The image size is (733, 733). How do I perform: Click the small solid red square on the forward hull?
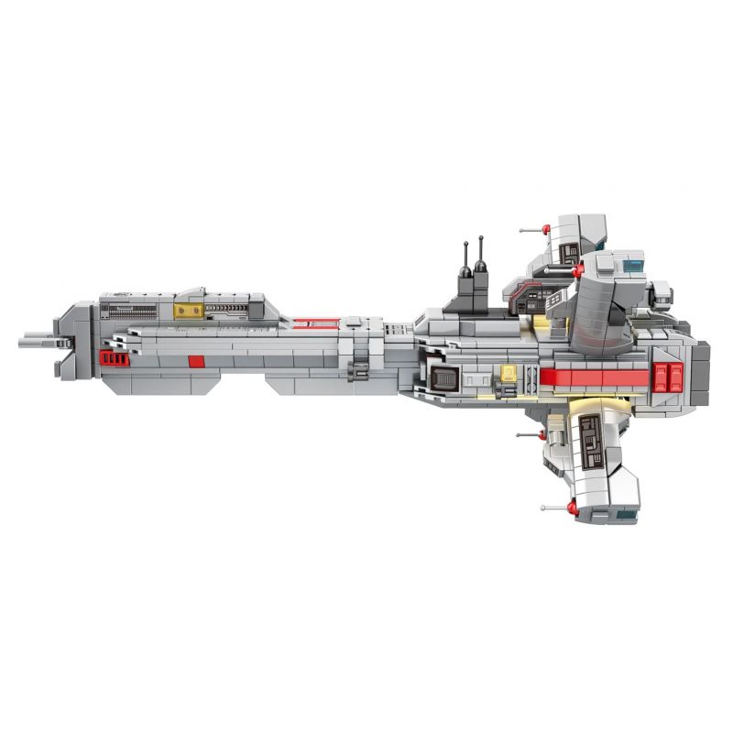[195, 360]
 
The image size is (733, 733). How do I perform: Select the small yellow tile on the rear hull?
[508, 374]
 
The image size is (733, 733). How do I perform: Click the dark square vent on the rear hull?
[443, 377]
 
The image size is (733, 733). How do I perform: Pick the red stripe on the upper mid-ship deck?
[327, 322]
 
